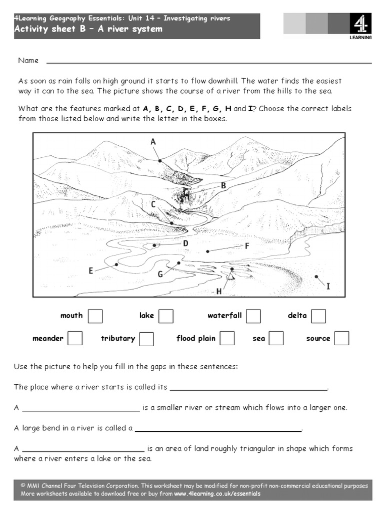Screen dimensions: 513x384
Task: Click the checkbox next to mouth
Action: [95, 316]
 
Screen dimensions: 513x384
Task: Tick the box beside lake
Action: [166, 316]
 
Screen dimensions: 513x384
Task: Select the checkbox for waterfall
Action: [253, 316]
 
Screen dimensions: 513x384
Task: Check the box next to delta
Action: [318, 316]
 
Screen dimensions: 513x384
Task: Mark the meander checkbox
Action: [75, 339]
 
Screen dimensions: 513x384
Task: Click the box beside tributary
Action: [146, 339]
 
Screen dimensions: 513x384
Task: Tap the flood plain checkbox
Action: [227, 339]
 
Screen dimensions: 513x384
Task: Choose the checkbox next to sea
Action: [276, 339]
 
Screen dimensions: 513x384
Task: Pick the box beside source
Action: [342, 339]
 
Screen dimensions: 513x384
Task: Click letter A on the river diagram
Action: [153, 142]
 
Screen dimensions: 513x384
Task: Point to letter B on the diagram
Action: [223, 185]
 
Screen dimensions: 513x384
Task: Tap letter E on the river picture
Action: [91, 271]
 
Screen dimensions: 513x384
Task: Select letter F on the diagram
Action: [247, 246]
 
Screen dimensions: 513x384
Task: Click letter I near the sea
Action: [328, 286]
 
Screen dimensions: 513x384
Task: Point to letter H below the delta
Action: [219, 291]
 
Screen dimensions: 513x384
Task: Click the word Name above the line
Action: [28, 61]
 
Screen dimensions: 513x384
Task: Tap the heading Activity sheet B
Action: [88, 29]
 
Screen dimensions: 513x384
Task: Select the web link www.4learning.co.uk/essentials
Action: [217, 494]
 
